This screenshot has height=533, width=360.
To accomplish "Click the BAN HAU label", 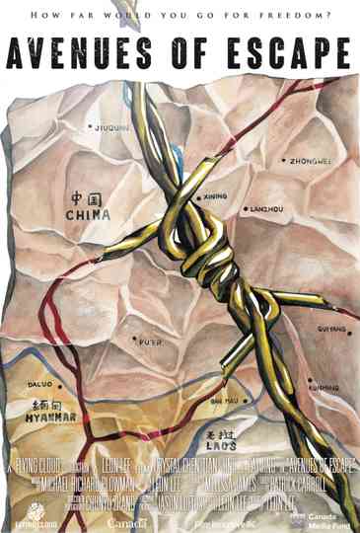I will [x=224, y=401].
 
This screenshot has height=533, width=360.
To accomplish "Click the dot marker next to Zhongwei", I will [x=283, y=160].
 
